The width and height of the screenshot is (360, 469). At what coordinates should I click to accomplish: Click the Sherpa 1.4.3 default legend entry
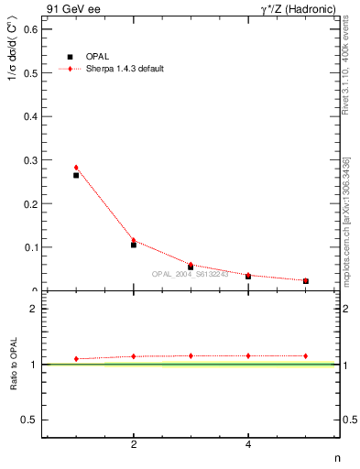point(124,70)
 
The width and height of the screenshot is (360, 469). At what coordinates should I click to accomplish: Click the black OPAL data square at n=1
point(76,175)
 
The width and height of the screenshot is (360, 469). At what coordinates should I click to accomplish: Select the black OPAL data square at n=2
point(134,245)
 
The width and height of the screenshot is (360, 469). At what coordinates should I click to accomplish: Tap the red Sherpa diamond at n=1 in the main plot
point(76,168)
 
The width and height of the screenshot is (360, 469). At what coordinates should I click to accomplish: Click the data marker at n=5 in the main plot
point(305,281)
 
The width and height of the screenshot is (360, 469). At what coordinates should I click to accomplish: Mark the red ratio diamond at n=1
point(76,359)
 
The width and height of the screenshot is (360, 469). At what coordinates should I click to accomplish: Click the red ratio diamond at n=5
point(305,355)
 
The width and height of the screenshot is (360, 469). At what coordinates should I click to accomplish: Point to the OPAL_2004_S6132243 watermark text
point(191,273)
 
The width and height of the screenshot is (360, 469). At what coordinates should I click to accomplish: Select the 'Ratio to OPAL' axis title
point(14,364)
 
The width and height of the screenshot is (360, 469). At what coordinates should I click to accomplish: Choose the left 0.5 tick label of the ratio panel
point(31,420)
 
